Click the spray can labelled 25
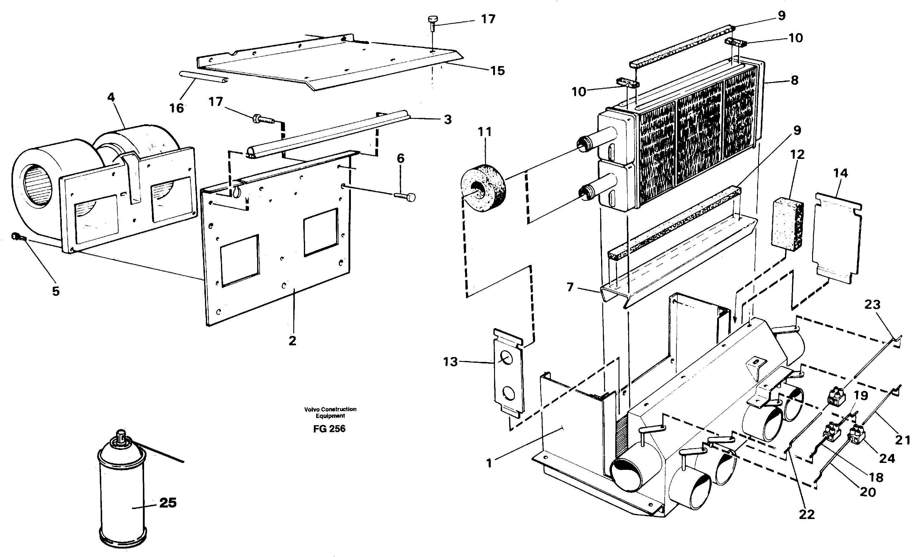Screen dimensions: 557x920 click(122, 493)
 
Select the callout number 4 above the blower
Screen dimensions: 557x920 click(111, 97)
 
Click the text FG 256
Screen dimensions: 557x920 click(329, 429)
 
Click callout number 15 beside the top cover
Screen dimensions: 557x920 click(497, 71)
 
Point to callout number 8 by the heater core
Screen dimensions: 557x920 click(794, 80)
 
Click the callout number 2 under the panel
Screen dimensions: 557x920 click(292, 340)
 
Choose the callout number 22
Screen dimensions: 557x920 click(806, 514)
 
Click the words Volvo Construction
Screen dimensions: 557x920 click(330, 409)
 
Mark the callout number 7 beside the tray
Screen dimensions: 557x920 click(570, 287)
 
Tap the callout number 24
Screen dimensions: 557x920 click(887, 458)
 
